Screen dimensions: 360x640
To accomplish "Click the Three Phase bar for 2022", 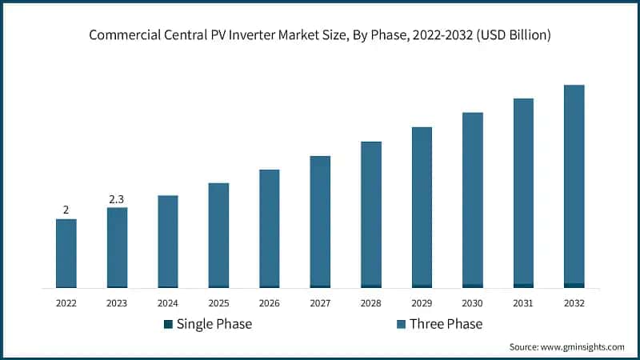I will (x=66, y=253).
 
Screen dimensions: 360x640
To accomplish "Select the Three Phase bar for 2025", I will (x=218, y=234).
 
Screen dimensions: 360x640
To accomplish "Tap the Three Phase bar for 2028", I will (x=371, y=214).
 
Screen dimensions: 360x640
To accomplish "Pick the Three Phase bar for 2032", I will (x=574, y=184).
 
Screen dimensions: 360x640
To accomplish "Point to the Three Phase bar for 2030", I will (x=473, y=198).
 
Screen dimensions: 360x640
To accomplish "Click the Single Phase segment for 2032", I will (x=574, y=285).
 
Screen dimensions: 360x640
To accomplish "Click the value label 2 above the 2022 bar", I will (x=66, y=210).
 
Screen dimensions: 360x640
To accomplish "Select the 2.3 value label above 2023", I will (x=117, y=198).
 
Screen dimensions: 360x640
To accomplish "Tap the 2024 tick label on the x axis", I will (x=168, y=303).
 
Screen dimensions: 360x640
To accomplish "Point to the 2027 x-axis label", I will (x=320, y=303).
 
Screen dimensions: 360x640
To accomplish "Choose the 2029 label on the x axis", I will (x=422, y=303).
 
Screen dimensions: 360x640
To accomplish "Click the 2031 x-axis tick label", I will (x=523, y=303).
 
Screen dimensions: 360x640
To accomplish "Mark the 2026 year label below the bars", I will (x=270, y=303).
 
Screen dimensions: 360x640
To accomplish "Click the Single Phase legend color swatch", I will (x=168, y=324).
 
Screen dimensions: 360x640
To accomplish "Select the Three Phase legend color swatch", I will (x=401, y=324).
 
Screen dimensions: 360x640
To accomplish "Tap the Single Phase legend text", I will (x=214, y=324).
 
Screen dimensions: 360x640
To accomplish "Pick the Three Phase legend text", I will (x=446, y=324).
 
